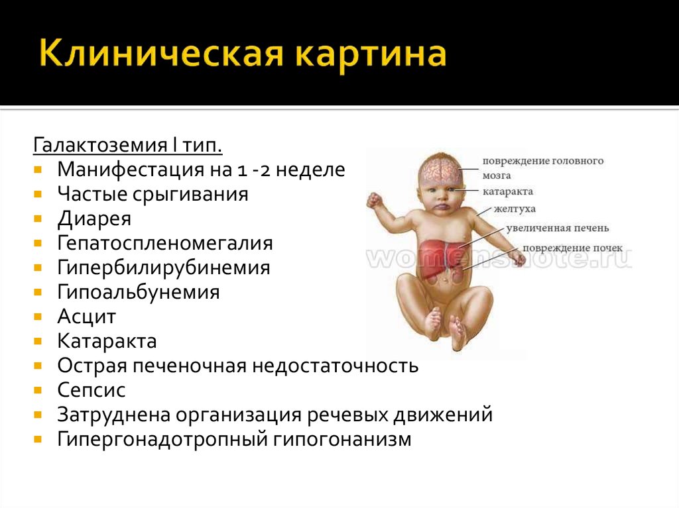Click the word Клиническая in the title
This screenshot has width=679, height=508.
(160, 54)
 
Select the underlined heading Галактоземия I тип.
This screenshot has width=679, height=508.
(128, 144)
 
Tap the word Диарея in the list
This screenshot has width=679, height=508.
(94, 219)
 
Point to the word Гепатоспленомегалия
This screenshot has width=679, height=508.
(165, 243)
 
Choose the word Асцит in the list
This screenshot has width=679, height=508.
(87, 317)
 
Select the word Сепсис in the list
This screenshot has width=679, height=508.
(92, 390)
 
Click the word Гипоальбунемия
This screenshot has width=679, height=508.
(139, 292)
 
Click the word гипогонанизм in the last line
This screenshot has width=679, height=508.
(342, 440)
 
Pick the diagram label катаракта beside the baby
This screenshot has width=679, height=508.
(507, 191)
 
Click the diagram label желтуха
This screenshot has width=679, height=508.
(515, 209)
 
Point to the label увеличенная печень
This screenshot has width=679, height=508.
(558, 228)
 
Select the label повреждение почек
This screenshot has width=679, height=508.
(572, 248)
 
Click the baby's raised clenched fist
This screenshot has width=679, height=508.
(374, 201)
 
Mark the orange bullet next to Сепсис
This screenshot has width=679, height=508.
(38, 390)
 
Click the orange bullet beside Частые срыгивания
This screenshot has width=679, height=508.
(38, 194)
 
